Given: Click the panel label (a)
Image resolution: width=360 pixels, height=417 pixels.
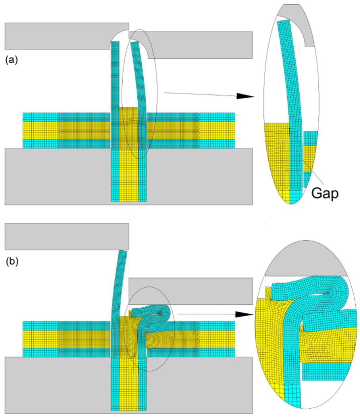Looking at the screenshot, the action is coord(12,60).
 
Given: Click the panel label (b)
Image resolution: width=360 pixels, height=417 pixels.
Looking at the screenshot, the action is coord(12,261).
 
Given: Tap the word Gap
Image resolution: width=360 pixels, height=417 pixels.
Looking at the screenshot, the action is coord(325,193).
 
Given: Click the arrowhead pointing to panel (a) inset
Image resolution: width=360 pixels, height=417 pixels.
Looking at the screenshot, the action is coord(245,96).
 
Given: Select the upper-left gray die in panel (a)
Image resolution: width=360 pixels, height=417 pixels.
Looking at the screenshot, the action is coord(61,36).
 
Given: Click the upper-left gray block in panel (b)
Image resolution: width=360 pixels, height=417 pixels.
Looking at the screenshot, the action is coord(67,237).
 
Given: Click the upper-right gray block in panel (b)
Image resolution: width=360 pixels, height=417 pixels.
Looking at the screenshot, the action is coord(191,291).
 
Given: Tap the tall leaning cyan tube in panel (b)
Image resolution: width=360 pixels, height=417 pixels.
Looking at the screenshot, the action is coord(118,303).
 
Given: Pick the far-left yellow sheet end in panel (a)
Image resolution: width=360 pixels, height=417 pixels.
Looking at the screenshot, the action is coord(40,131).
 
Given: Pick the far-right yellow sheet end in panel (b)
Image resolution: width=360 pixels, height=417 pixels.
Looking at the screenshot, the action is coord(217,339).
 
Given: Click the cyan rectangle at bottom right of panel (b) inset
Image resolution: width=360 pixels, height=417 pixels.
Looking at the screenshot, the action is coord(329,371).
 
